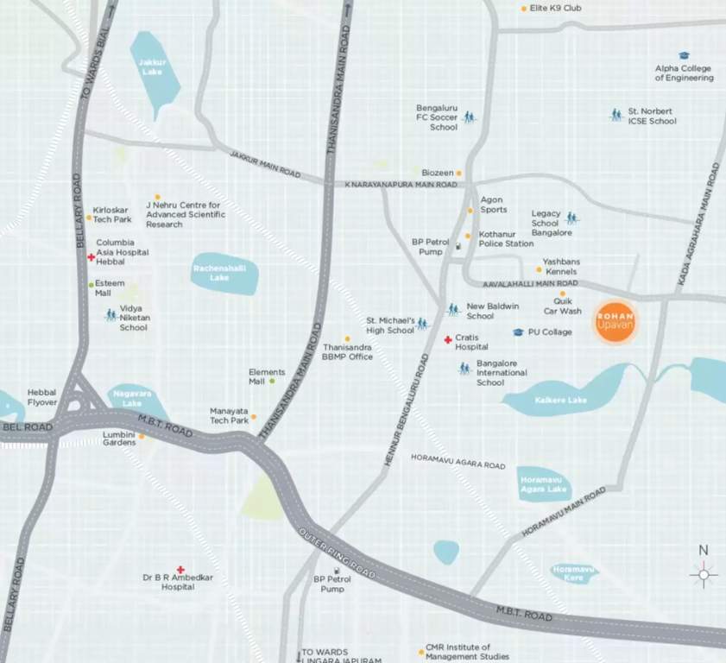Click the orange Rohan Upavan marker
[x=616, y=322]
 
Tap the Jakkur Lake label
[x=152, y=66]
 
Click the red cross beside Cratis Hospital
[x=447, y=340]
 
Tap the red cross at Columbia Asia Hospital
[x=91, y=257]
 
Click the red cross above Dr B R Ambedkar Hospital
[x=180, y=570]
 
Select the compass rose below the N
[x=704, y=573]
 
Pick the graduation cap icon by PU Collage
[x=518, y=332]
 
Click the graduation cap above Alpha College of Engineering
[x=684, y=55]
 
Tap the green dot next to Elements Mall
[x=272, y=381]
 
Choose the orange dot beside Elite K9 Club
[x=523, y=9]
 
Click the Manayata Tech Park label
[x=229, y=415]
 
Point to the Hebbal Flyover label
[x=41, y=397]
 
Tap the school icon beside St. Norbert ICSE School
[x=616, y=114]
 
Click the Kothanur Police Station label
[x=506, y=238]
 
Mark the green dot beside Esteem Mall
[x=91, y=284]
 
